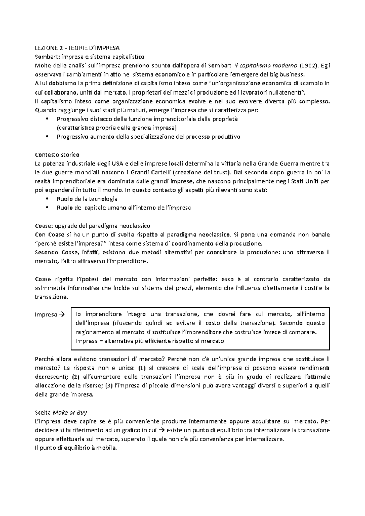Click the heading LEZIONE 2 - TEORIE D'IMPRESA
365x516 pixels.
point(77,48)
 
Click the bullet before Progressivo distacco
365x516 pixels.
point(46,119)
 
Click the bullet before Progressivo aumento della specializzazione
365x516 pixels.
point(46,137)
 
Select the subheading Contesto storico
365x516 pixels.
point(57,155)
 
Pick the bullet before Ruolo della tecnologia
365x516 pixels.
point(46,199)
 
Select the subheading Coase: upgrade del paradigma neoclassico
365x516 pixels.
point(92,226)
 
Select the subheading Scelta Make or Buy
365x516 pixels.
point(61,412)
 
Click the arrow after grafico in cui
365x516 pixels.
point(162,430)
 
